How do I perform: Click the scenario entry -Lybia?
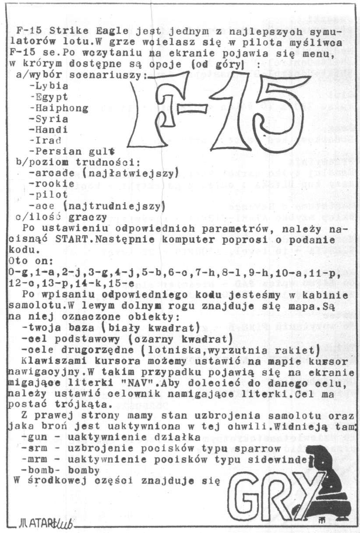(48, 86)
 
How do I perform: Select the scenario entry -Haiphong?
(58, 108)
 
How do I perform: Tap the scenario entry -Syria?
(48, 119)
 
